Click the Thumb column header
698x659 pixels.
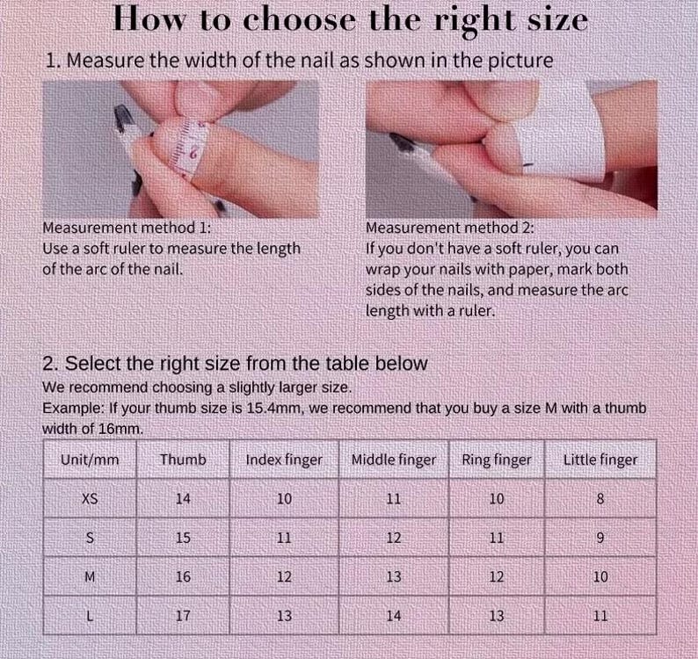click(183, 460)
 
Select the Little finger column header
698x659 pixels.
click(600, 460)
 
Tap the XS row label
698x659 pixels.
click(90, 498)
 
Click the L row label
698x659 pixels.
click(90, 616)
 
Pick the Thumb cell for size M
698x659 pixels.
click(183, 576)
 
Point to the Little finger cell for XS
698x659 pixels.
click(600, 498)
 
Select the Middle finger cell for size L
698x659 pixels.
click(394, 616)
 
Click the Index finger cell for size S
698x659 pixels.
click(284, 538)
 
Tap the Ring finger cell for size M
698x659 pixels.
click(497, 576)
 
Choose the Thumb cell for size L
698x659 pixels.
click(183, 616)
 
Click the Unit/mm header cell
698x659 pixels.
click(90, 460)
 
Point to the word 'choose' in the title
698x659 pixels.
click(300, 20)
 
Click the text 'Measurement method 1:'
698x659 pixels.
click(127, 228)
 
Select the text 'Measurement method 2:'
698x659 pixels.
click(449, 228)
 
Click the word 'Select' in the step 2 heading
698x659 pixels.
click(93, 364)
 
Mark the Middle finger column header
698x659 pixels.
click(394, 460)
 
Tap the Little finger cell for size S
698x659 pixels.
click(600, 538)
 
